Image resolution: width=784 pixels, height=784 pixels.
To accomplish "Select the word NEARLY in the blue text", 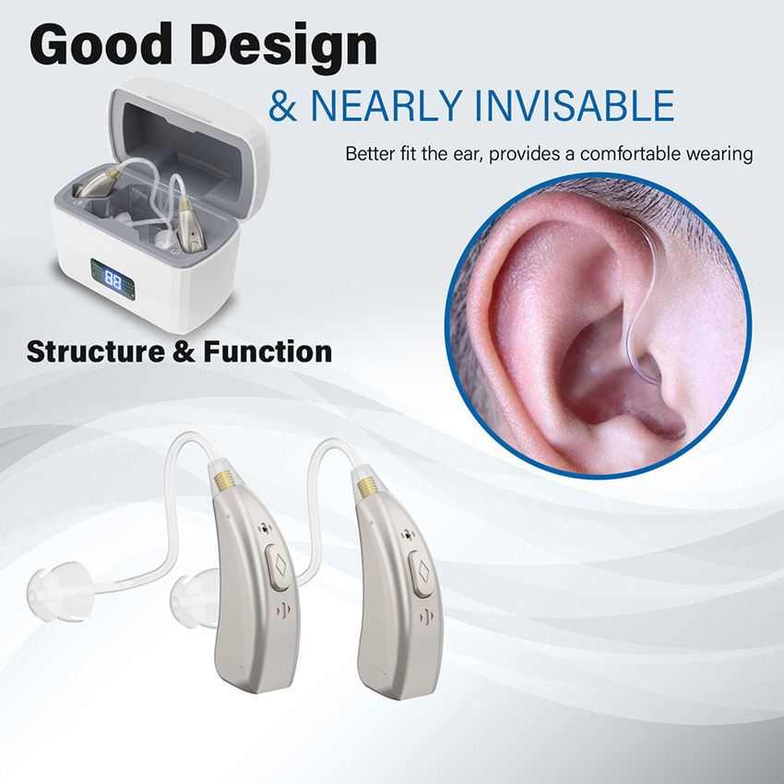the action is [x=386, y=106].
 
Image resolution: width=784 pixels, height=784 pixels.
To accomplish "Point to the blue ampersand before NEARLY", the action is [x=282, y=106].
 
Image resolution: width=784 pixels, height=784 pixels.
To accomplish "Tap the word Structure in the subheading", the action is [x=96, y=351].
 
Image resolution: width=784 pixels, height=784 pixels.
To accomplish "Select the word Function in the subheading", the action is [x=267, y=351].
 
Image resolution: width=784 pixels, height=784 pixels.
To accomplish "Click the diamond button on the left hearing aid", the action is [x=280, y=566].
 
